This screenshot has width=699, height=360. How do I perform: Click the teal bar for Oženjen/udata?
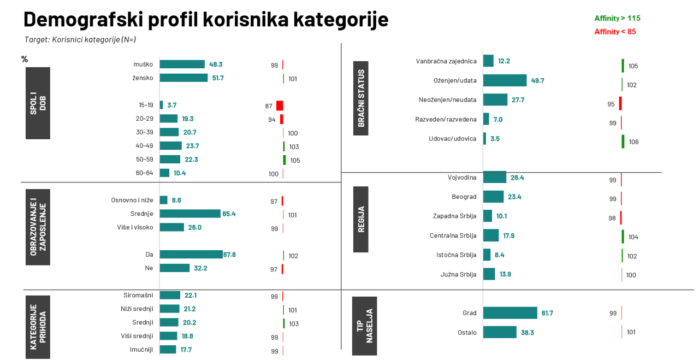point(505,80)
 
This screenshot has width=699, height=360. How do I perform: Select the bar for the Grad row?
point(510,313)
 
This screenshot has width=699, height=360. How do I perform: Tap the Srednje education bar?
point(190,214)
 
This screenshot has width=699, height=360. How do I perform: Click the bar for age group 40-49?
point(170,146)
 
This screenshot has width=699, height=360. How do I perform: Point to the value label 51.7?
point(218,78)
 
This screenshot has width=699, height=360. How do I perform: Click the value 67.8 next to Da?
point(229,255)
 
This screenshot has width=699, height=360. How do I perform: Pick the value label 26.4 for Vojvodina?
point(517,178)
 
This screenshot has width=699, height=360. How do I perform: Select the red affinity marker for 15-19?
point(280,105)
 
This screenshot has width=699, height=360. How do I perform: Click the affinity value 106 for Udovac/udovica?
point(633,142)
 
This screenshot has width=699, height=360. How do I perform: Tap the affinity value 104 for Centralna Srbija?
point(633,237)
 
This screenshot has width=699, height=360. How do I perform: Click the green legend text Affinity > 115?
point(617,19)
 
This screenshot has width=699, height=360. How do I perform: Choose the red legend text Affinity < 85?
point(615,32)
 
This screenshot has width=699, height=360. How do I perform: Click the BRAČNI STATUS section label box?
point(360,98)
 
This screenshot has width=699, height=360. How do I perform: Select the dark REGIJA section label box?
point(360,219)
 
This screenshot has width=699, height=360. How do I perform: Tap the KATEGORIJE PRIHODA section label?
point(38,327)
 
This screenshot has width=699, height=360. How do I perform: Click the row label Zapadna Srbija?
point(454,216)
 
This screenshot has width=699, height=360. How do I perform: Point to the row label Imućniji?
point(141,350)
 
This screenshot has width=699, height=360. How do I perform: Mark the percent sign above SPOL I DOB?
point(25,59)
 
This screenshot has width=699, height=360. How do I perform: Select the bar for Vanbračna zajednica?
point(488,61)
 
